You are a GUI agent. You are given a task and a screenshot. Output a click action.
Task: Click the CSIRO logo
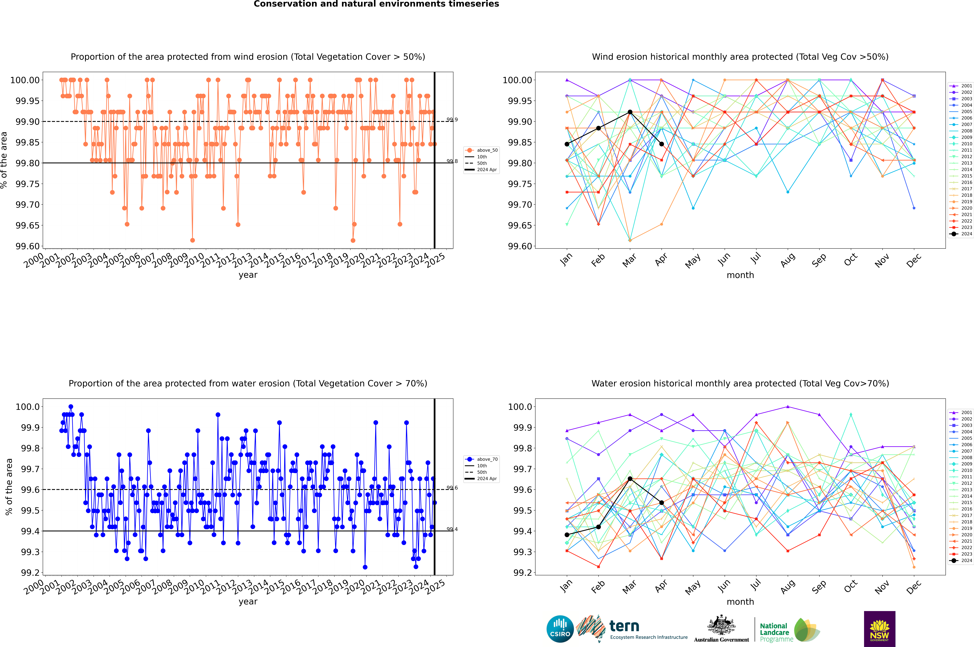click(560, 629)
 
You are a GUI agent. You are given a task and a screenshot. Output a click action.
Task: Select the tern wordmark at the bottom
click(624, 626)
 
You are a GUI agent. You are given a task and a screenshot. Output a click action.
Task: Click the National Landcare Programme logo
click(789, 630)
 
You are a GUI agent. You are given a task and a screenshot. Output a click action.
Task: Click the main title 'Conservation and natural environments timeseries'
click(376, 4)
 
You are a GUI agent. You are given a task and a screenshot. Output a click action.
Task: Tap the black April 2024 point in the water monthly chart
click(661, 503)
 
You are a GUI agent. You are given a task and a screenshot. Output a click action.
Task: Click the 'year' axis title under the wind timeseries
click(248, 275)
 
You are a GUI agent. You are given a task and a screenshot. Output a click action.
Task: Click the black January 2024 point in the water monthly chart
click(567, 535)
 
